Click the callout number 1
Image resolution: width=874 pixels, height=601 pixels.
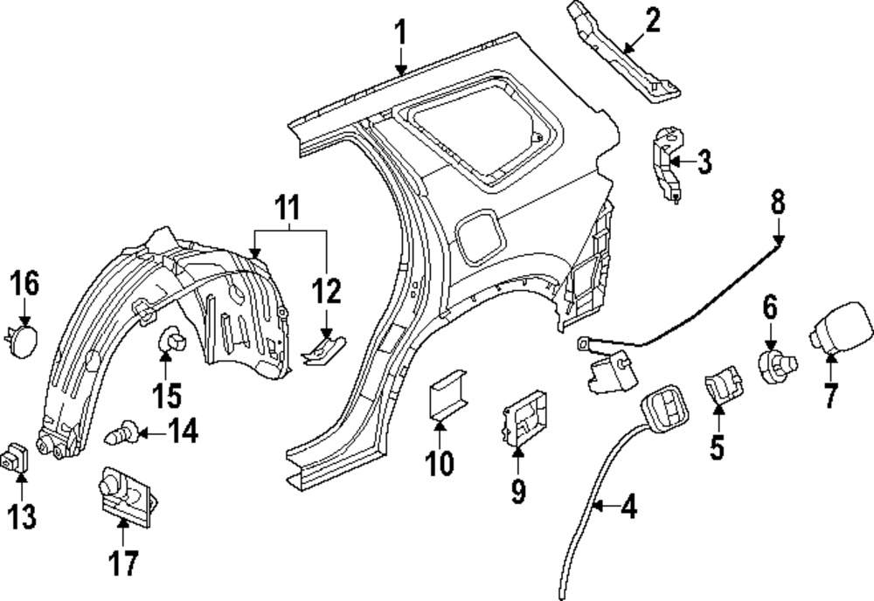(400, 35)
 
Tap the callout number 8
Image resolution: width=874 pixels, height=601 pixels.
(777, 204)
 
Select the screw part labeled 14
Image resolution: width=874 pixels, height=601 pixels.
(122, 431)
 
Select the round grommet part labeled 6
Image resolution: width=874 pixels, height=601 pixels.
(773, 363)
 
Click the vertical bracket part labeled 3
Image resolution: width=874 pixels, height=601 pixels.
(666, 163)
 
